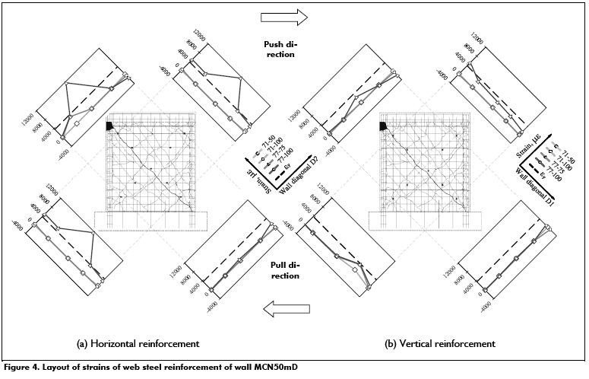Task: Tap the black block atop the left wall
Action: (110, 126)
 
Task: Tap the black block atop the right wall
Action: (384, 126)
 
